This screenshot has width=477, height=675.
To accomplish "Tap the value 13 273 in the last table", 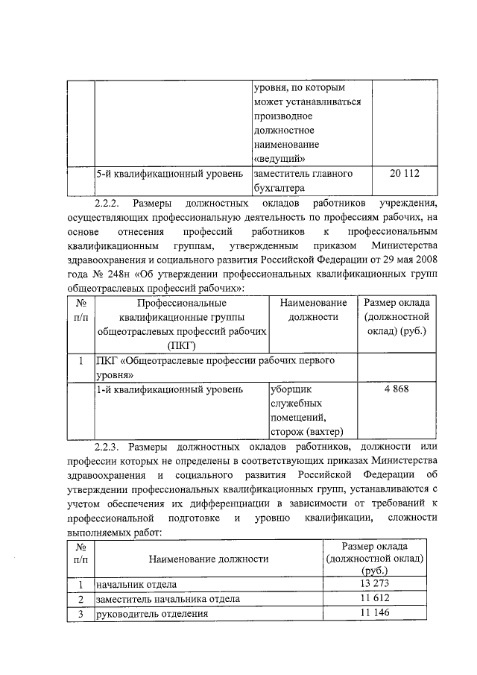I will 374,583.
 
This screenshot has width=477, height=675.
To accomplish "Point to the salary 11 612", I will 374,598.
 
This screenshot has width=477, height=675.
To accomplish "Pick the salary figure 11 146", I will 374,612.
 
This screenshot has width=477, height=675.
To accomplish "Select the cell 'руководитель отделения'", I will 149,614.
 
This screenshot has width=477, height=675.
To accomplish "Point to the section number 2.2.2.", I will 110,203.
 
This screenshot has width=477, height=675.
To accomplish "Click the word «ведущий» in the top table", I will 278,158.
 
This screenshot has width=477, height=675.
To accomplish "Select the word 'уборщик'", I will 289,389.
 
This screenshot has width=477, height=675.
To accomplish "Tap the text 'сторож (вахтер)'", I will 306,432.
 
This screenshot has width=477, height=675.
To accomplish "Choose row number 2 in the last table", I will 80,599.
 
